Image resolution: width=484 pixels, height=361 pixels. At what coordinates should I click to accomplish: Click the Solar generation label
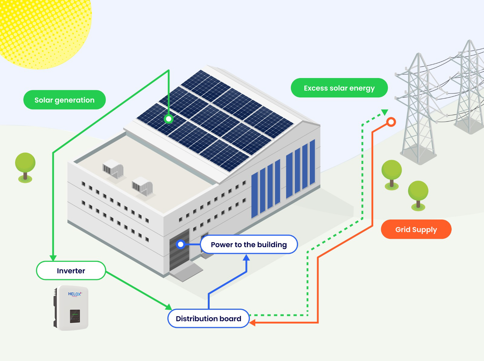tap(64, 100)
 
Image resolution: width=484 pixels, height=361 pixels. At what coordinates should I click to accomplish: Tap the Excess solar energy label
tap(339, 88)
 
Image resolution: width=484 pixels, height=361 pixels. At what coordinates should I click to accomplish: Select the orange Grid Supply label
tap(416, 229)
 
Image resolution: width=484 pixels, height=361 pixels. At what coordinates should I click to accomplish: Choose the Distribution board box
tap(208, 318)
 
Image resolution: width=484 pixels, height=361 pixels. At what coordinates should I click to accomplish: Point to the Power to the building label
tap(249, 245)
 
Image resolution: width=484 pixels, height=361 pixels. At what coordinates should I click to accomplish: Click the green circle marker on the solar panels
tap(168, 119)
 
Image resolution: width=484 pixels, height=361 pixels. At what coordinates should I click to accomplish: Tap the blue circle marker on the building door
tap(181, 244)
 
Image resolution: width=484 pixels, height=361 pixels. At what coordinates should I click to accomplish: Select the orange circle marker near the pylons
tap(391, 122)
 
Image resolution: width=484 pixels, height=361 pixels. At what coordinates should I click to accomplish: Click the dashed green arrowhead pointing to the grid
tap(384, 112)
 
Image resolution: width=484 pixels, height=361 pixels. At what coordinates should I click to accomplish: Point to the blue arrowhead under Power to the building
tap(247, 258)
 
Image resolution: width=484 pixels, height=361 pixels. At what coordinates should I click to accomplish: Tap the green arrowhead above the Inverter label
tap(53, 258)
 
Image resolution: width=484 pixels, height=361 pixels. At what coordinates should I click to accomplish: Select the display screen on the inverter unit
tap(75, 316)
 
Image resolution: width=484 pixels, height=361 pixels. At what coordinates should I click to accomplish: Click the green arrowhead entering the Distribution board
tap(169, 307)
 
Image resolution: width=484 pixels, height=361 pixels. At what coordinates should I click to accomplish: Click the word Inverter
tap(71, 271)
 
